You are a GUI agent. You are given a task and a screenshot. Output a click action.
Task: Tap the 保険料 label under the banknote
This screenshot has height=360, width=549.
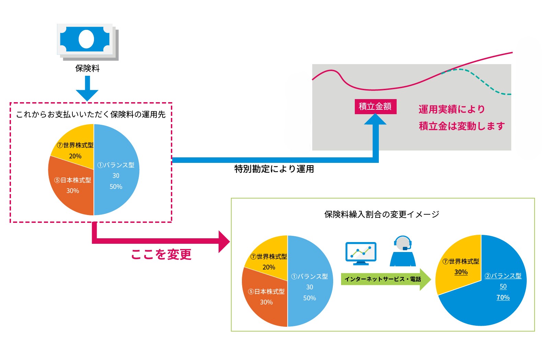[87, 68]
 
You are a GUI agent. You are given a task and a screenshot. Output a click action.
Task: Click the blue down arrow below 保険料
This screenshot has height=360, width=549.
[87, 88]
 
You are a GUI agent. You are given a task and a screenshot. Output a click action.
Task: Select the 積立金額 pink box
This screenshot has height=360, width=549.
[375, 107]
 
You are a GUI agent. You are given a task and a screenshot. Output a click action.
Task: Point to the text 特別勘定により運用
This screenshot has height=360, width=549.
[274, 169]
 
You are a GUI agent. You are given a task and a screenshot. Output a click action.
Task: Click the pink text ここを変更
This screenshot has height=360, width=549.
[161, 254]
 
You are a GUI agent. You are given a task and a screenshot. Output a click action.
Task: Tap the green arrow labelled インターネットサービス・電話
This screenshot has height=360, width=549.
[386, 279]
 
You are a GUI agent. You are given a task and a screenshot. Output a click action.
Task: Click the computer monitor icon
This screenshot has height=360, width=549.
[361, 253]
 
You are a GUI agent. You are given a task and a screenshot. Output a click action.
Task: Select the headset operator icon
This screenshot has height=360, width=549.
[403, 251]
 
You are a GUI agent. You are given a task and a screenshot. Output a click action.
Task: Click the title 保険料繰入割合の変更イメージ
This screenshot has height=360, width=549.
[382, 214]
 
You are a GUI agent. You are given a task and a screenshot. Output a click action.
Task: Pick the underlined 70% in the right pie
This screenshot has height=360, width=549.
[503, 297]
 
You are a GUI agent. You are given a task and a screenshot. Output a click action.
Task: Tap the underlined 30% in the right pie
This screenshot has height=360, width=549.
[461, 272]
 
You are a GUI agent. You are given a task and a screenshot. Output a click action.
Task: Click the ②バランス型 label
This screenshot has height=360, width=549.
[503, 276]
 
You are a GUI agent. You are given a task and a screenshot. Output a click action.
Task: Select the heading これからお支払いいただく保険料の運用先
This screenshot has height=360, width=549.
[91, 115]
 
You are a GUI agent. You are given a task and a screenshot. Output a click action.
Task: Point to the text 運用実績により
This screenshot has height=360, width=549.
[452, 109]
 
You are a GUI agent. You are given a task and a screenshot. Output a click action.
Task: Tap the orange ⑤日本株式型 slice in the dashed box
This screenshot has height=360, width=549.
[71, 189]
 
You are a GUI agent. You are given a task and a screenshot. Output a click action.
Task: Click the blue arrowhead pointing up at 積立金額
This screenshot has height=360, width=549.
[375, 119]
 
